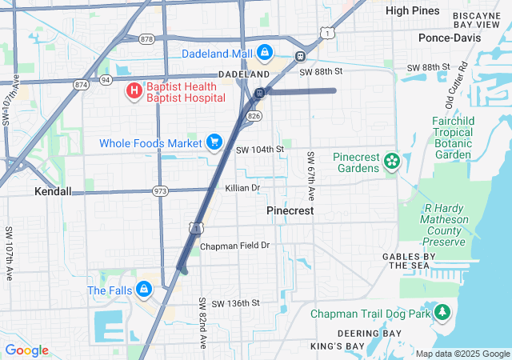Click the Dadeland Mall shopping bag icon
pos(264,54)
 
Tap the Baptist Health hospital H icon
pos(134,91)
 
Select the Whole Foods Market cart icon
pos(214,143)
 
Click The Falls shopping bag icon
pos(144,290)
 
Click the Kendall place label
pos(53,192)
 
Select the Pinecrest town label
pos(290,210)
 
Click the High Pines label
pos(413,11)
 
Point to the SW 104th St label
pos(260,150)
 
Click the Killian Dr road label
pos(243,188)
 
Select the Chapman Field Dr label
pos(235,246)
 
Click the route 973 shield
pos(161,191)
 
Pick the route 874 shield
pos(81,83)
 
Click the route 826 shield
pos(254,117)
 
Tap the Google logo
pos(26,350)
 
